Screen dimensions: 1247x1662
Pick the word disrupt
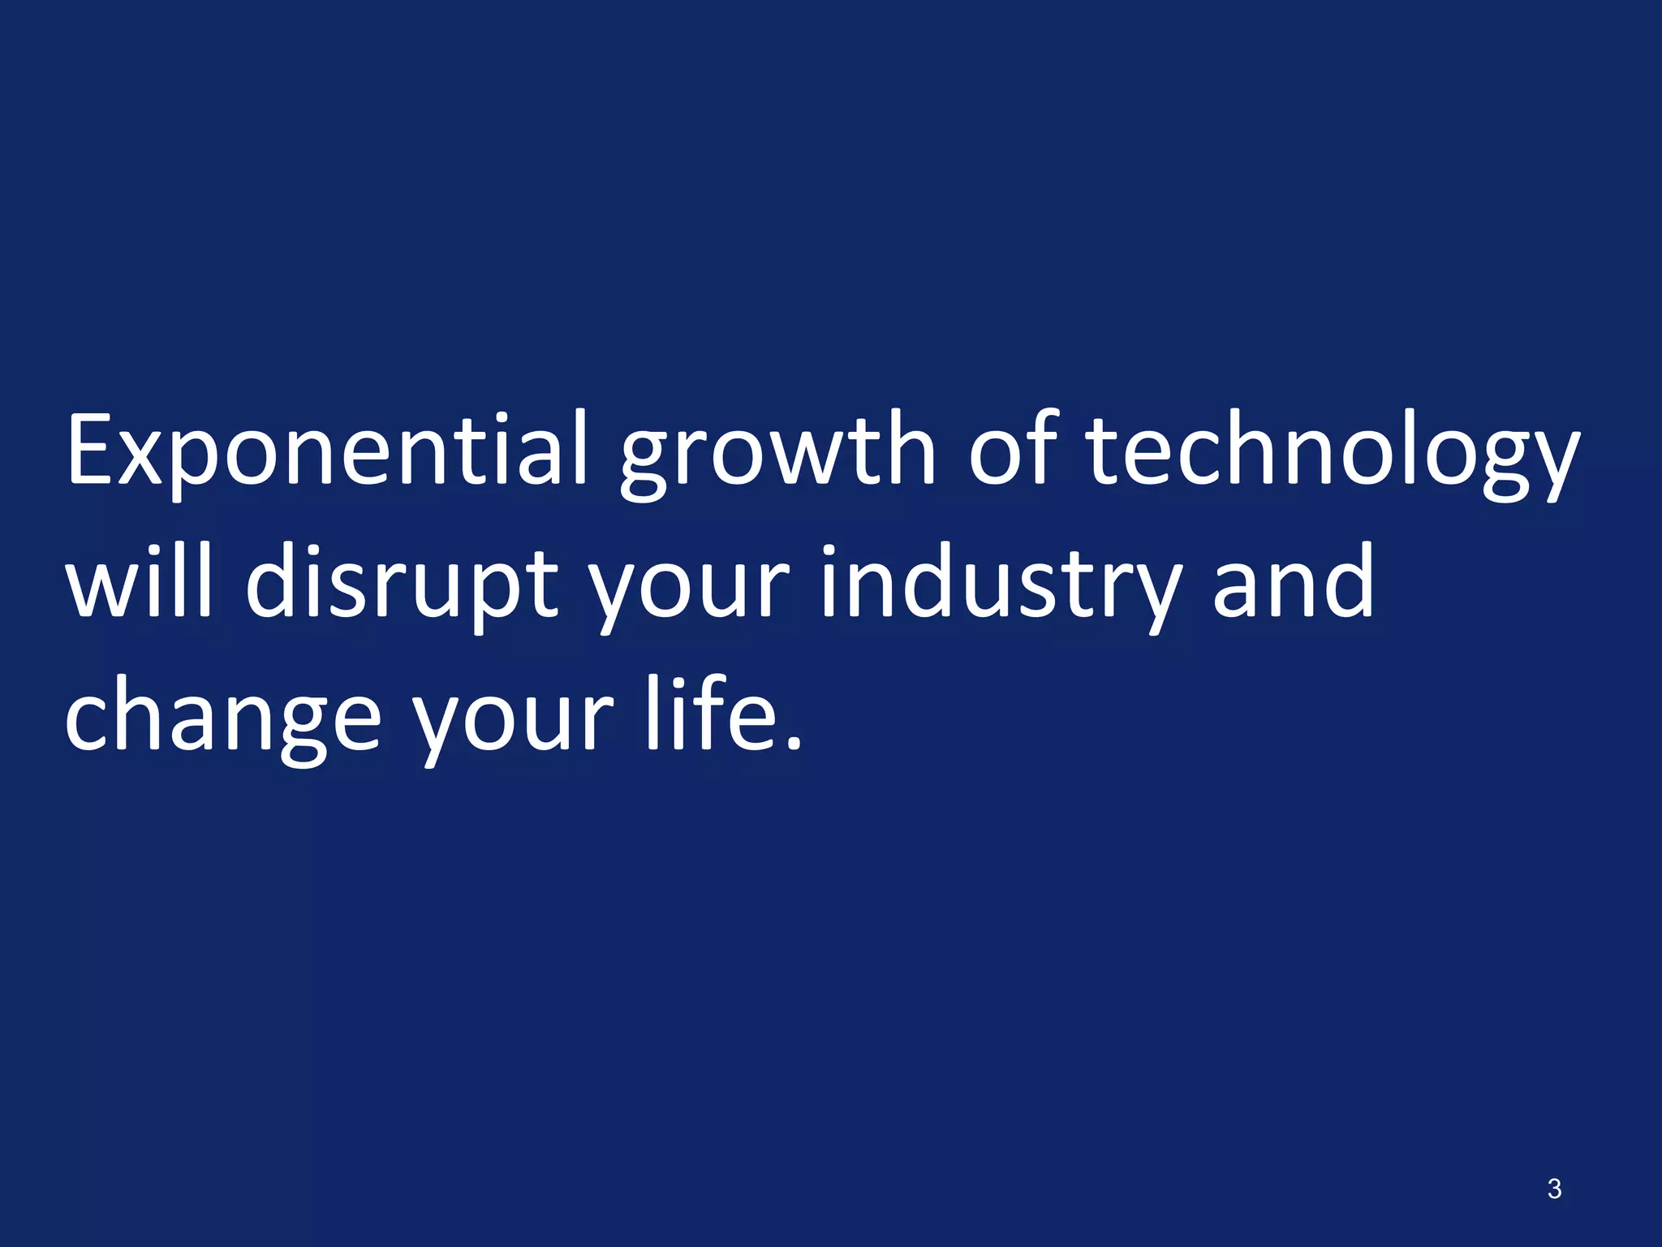(x=403, y=586)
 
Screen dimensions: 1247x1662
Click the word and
(x=1294, y=581)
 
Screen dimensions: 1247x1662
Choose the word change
(x=222, y=719)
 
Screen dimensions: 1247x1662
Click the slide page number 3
(x=1554, y=1189)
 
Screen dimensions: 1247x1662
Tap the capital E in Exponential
(x=91, y=450)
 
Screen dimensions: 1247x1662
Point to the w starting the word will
(x=101, y=589)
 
